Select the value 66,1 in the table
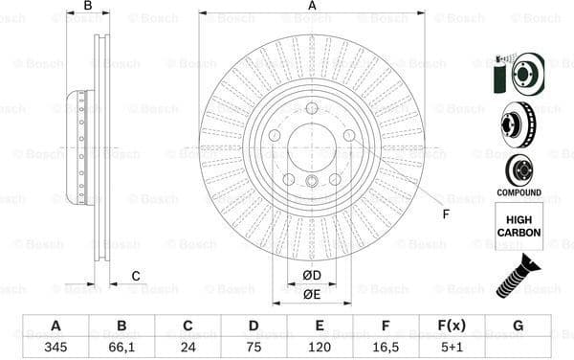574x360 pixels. point(121,347)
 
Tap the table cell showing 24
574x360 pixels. point(188,347)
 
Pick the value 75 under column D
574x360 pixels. point(254,347)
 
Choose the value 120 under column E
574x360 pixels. point(320,347)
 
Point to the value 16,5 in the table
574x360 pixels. point(386,347)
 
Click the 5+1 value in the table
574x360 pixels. point(452,347)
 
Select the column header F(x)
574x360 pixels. point(452,326)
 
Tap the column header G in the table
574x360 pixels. point(518,326)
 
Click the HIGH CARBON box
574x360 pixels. point(519,226)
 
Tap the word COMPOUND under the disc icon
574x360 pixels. point(519,191)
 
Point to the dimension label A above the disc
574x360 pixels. point(312,7)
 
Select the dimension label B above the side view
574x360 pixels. point(88,7)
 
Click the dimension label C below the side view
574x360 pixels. point(136,277)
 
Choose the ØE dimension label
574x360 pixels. point(312,294)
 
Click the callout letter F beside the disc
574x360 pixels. point(445,213)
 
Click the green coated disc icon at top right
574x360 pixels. point(518,74)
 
